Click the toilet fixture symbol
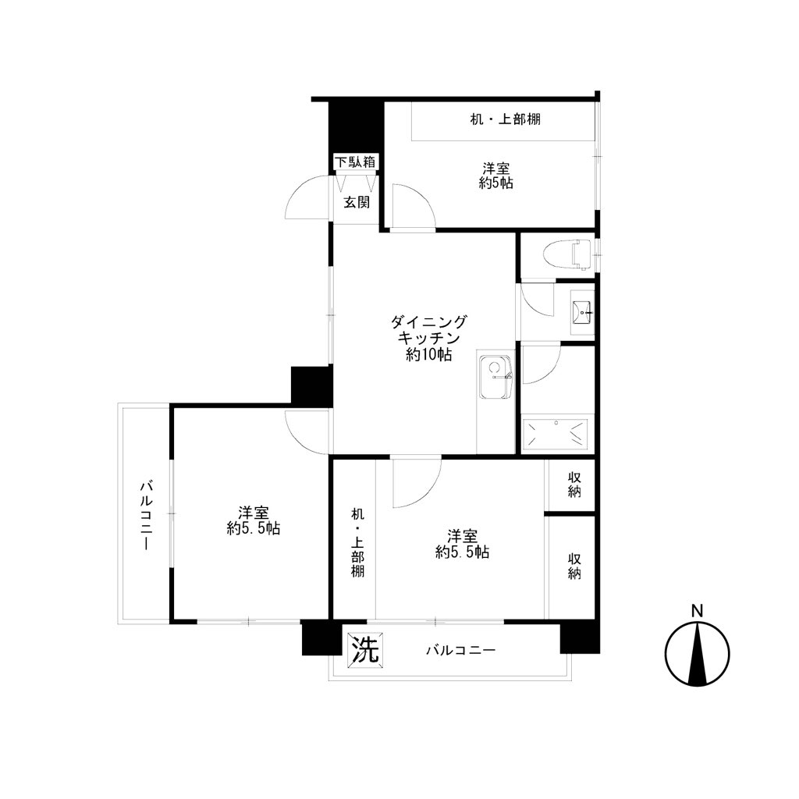click(566, 254)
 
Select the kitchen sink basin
click(495, 377)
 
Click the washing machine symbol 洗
click(366, 650)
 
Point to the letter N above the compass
click(697, 610)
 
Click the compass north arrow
click(697, 654)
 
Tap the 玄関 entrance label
click(357, 202)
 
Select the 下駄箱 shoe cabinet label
click(355, 162)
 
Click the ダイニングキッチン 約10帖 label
click(428, 338)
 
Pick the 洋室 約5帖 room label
click(495, 176)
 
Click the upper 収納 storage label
click(574, 485)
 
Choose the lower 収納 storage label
click(574, 566)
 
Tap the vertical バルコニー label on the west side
click(145, 515)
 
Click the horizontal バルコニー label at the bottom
click(460, 650)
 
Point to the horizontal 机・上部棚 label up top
click(505, 119)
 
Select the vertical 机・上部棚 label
click(357, 542)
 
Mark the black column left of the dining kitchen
click(311, 385)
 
